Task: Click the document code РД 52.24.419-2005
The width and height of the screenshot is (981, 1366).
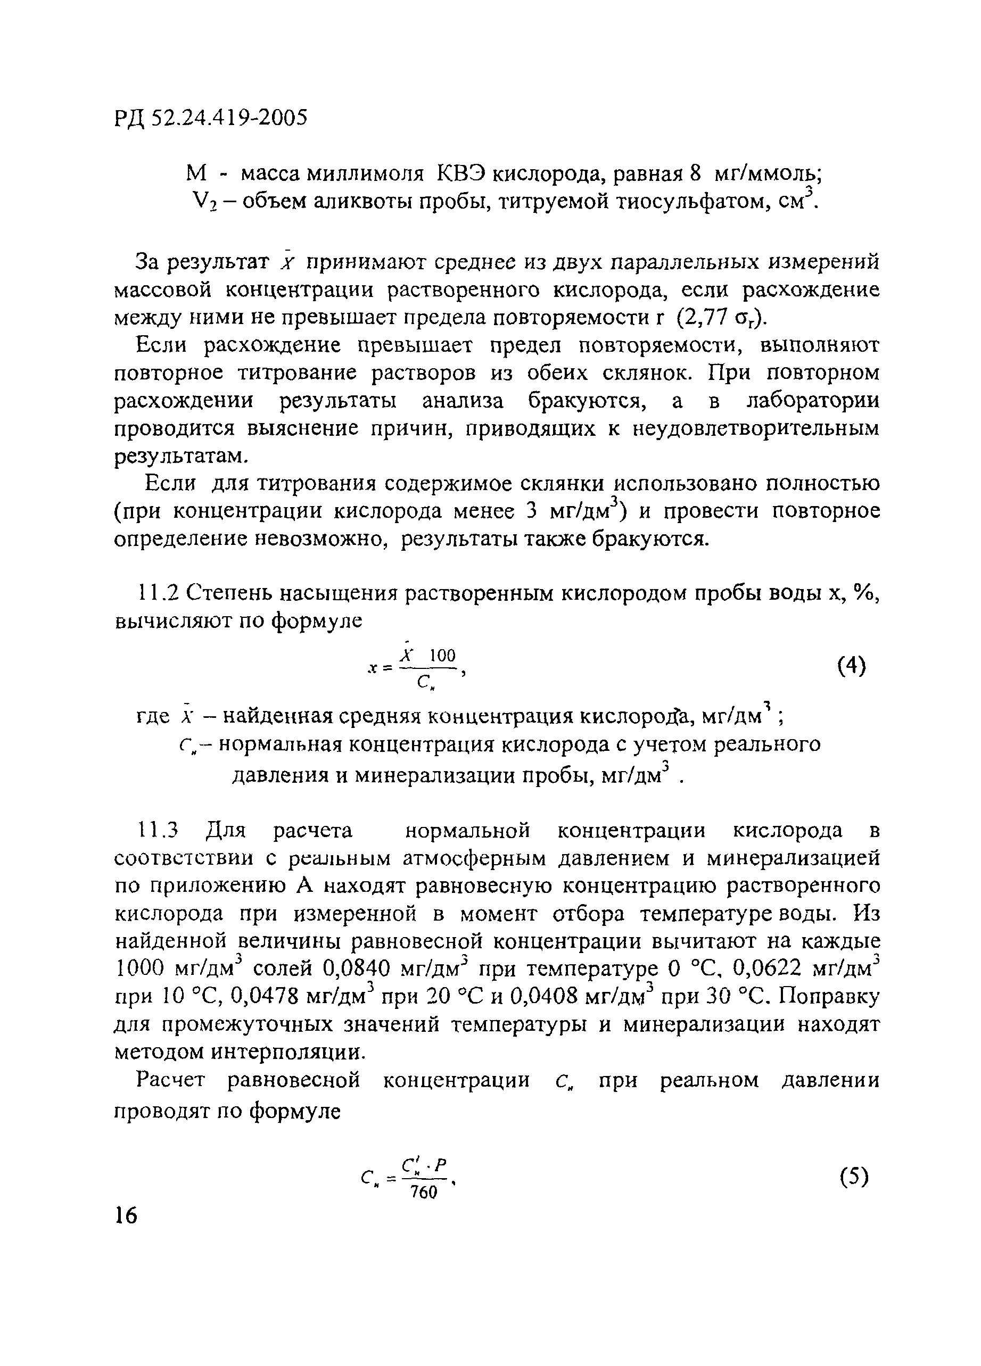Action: coord(210,118)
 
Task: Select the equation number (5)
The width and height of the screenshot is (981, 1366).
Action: coord(854,1175)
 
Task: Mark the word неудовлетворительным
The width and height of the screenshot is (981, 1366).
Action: coord(756,428)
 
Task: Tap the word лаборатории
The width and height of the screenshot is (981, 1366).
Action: coord(813,401)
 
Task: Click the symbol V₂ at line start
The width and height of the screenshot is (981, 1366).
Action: coord(199,203)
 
